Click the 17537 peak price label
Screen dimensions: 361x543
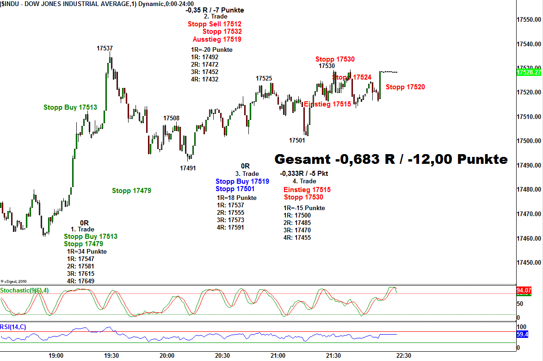pos(105,48)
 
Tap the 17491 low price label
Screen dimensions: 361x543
pos(188,168)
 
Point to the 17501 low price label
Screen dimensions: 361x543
pos(297,140)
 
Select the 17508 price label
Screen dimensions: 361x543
pos(171,118)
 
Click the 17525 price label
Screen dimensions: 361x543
pos(264,78)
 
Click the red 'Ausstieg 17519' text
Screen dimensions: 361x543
pos(217,39)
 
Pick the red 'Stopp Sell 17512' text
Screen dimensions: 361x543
pos(214,24)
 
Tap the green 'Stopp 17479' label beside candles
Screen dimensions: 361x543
pos(131,190)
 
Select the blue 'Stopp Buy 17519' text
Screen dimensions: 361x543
pos(242,181)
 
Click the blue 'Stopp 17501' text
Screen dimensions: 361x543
pos(234,189)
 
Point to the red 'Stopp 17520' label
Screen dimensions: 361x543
pos(405,87)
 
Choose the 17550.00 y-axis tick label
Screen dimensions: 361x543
pos(529,20)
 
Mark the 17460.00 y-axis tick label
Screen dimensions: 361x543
pos(529,238)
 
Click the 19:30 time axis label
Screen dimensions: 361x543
pos(111,355)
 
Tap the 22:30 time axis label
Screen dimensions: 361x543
pos(403,355)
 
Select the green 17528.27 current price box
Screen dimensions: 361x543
pos(529,73)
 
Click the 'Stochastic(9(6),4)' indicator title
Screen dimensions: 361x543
pos(24,290)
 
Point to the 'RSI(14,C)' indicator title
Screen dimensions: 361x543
pos(13,327)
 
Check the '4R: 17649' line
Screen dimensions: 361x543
pos(80,281)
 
